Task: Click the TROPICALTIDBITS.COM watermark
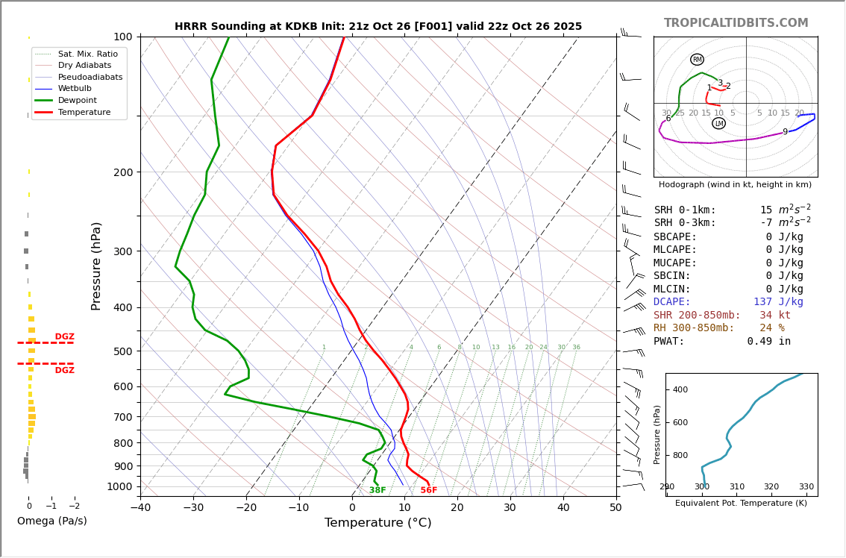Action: (x=736, y=23)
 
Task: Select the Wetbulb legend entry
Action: (x=75, y=88)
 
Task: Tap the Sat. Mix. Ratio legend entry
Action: (x=87, y=54)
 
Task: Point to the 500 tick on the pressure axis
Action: (x=122, y=351)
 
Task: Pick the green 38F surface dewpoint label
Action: (x=377, y=490)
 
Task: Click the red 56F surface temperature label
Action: (x=428, y=490)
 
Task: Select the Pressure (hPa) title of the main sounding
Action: (x=96, y=266)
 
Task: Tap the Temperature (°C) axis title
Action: (x=377, y=523)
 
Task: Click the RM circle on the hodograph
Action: (x=697, y=60)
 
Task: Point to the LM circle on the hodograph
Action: (x=718, y=123)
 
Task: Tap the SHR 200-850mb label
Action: (x=697, y=316)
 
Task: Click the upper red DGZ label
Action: (x=64, y=337)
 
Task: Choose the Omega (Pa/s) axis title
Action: (x=51, y=521)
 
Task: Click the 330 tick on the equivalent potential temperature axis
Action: (x=806, y=487)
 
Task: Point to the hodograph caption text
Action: (x=735, y=184)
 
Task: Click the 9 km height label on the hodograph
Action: (x=785, y=132)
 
